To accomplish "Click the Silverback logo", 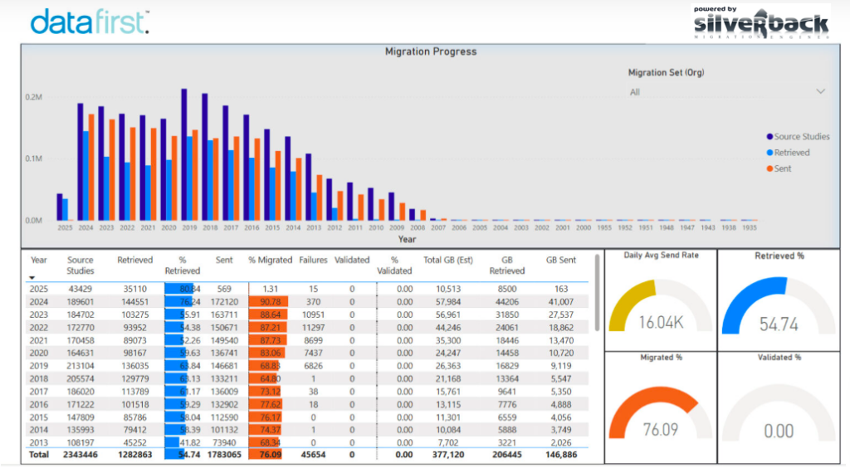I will coord(761,23).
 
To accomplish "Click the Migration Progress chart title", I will coord(431,51).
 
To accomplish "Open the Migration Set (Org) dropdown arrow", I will coord(821,91).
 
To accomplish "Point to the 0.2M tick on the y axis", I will coord(34,97).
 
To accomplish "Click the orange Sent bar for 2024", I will coord(91,166).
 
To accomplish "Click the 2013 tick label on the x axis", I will coord(314,227).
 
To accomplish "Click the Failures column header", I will coord(313,260).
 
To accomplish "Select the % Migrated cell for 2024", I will coord(269,302).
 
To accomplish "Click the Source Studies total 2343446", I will coord(81,456).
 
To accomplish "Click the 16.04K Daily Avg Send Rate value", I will coord(660,322).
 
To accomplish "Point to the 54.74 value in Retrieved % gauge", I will coord(778,324).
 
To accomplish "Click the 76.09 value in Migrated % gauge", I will coord(660,430).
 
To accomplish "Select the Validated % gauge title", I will coord(779,358).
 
